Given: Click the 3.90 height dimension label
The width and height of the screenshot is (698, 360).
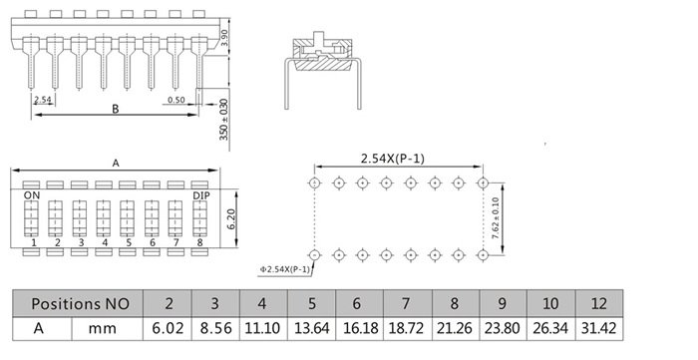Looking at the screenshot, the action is coord(224,38).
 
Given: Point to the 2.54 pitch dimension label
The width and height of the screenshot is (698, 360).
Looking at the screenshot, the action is coord(43,100).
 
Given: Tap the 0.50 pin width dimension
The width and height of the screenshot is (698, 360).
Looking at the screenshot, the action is coord(176,100).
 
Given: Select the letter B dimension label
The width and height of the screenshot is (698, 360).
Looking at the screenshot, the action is coord(116,109).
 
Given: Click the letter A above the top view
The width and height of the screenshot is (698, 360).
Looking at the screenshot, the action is coord(116,164).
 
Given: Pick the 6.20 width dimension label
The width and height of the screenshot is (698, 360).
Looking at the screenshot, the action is coord(231,219).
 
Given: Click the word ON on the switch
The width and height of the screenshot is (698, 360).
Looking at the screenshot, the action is coord(32,195).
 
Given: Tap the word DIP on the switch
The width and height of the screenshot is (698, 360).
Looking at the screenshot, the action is coord(201,195).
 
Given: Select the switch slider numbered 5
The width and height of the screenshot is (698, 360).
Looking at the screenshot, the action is coord(127,218).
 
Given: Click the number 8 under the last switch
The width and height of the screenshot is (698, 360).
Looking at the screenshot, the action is coord(199,242).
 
